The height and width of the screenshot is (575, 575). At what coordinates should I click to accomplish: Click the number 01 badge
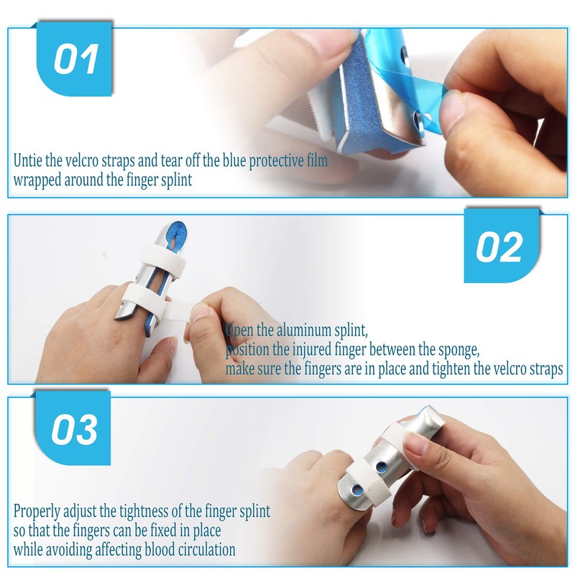74,59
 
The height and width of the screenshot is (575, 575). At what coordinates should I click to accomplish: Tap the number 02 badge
501,246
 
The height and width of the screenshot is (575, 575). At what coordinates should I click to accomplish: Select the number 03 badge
73,428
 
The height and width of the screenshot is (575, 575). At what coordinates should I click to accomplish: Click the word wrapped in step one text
37,180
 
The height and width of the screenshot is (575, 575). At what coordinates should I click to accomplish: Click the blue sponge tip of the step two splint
177,234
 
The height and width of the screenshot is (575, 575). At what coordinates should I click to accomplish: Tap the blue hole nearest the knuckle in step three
356,490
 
